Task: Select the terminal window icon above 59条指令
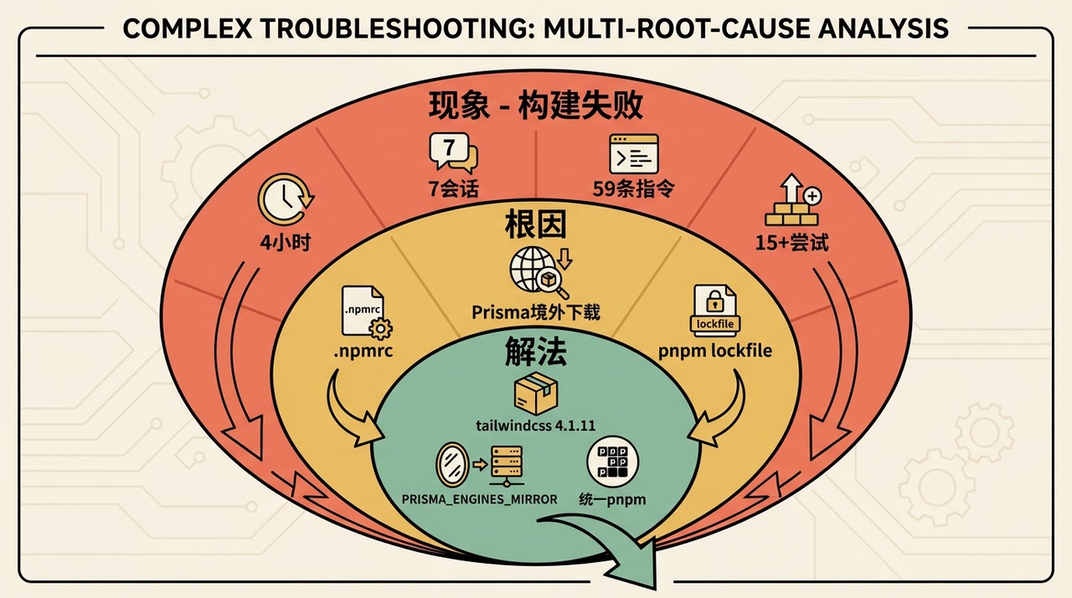click(x=633, y=153)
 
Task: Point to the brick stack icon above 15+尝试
click(x=791, y=201)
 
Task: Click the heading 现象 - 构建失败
click(x=536, y=106)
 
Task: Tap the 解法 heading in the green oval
click(x=536, y=353)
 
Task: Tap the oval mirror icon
click(x=452, y=462)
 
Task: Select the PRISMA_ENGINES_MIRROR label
click(x=479, y=499)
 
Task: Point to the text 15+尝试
click(x=791, y=243)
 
